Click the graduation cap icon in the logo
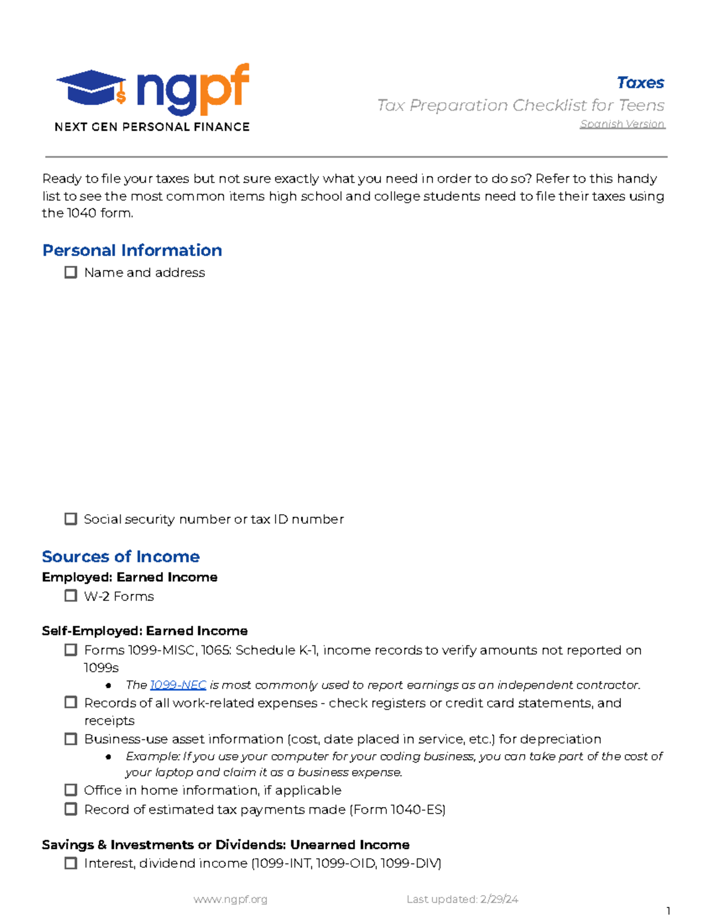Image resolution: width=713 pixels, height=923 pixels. pyautogui.click(x=91, y=87)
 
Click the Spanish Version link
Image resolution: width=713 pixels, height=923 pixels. pyautogui.click(x=622, y=124)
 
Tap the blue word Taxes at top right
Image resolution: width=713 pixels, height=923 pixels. pyautogui.click(x=640, y=83)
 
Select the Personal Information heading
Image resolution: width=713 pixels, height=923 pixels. pyautogui.click(x=132, y=250)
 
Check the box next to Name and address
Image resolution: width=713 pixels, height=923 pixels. pyautogui.click(x=71, y=272)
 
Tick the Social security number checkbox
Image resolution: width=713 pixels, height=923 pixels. pyautogui.click(x=71, y=519)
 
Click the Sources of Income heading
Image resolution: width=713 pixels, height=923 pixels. pyautogui.click(x=121, y=556)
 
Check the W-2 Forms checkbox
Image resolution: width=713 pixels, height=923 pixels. pyautogui.click(x=71, y=596)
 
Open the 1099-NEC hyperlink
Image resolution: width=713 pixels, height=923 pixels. pyautogui.click(x=178, y=685)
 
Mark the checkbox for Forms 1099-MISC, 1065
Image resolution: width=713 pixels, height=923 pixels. pyautogui.click(x=71, y=650)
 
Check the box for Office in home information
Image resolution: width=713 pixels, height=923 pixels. pyautogui.click(x=71, y=790)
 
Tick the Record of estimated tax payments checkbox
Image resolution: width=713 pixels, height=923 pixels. pyautogui.click(x=71, y=809)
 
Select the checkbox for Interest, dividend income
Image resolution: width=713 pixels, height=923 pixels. pyautogui.click(x=71, y=863)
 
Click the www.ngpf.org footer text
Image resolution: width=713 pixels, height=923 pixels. pyautogui.click(x=231, y=899)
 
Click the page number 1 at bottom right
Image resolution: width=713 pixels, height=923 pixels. pyautogui.click(x=668, y=911)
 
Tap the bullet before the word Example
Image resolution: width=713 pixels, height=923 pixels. pyautogui.click(x=108, y=757)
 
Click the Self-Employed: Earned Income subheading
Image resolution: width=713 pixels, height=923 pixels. pyautogui.click(x=144, y=631)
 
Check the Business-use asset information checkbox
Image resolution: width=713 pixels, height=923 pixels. pyautogui.click(x=71, y=739)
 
